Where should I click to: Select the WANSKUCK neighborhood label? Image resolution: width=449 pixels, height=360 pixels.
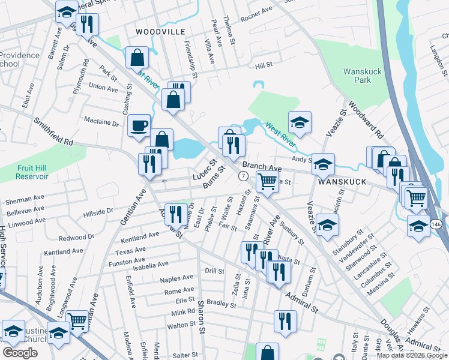342,181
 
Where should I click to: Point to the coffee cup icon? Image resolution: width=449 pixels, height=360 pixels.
139,125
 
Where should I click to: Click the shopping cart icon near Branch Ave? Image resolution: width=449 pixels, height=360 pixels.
267,181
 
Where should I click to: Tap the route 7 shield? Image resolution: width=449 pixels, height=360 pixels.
243,176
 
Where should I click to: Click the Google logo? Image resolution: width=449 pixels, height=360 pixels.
20,352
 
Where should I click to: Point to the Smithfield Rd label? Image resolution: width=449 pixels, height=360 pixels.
53,132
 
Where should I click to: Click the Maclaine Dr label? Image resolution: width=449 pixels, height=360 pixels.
101,122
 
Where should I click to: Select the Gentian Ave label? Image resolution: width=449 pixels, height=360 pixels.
133,207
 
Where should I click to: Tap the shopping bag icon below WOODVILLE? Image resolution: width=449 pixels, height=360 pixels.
137,58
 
